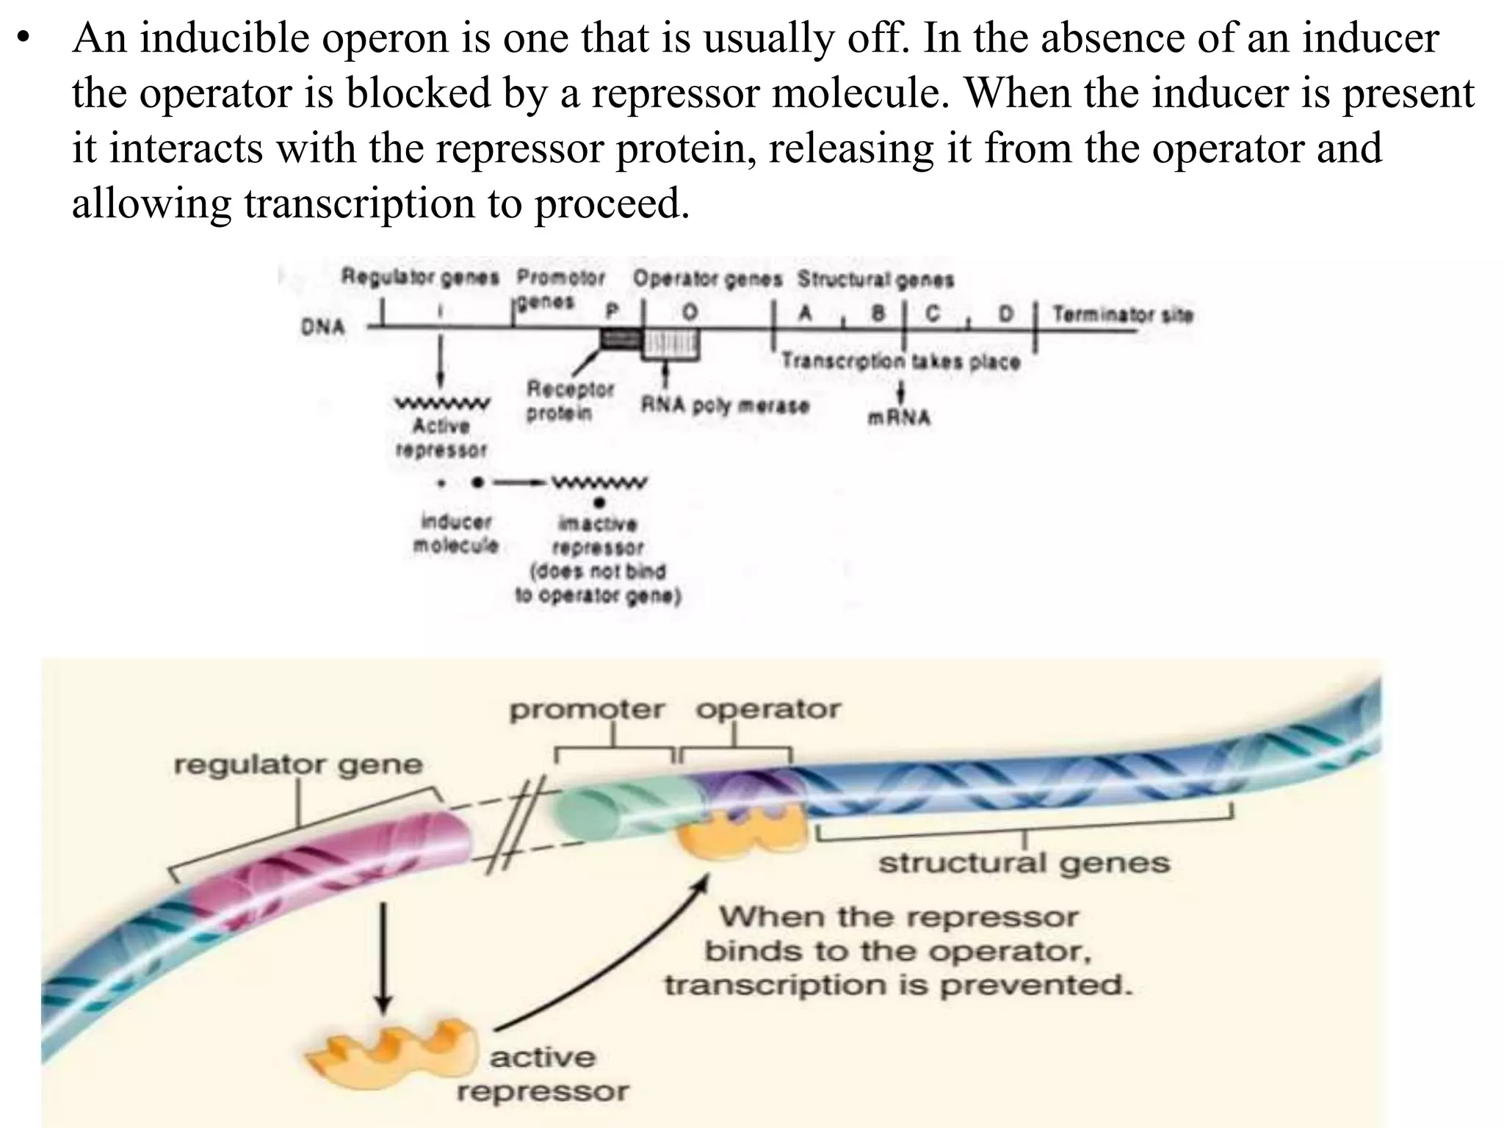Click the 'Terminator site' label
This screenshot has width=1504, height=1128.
pos(1122,315)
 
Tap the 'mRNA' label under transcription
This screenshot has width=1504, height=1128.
pos(899,418)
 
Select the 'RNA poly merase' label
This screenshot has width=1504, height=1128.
pos(725,405)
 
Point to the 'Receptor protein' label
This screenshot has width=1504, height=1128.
pos(569,401)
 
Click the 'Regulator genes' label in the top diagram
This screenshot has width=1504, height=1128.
pos(420,278)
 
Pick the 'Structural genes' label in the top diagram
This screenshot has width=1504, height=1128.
pos(875,280)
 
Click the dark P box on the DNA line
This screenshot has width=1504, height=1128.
pos(621,339)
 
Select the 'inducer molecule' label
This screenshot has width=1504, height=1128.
pos(456,534)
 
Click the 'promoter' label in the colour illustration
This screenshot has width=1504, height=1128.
pos(587,710)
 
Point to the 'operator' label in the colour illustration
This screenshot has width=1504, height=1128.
pos(767,709)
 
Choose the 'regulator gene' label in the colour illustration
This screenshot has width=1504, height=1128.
pos(298,765)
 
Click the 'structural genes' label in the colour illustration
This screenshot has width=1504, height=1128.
pos(1024,863)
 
